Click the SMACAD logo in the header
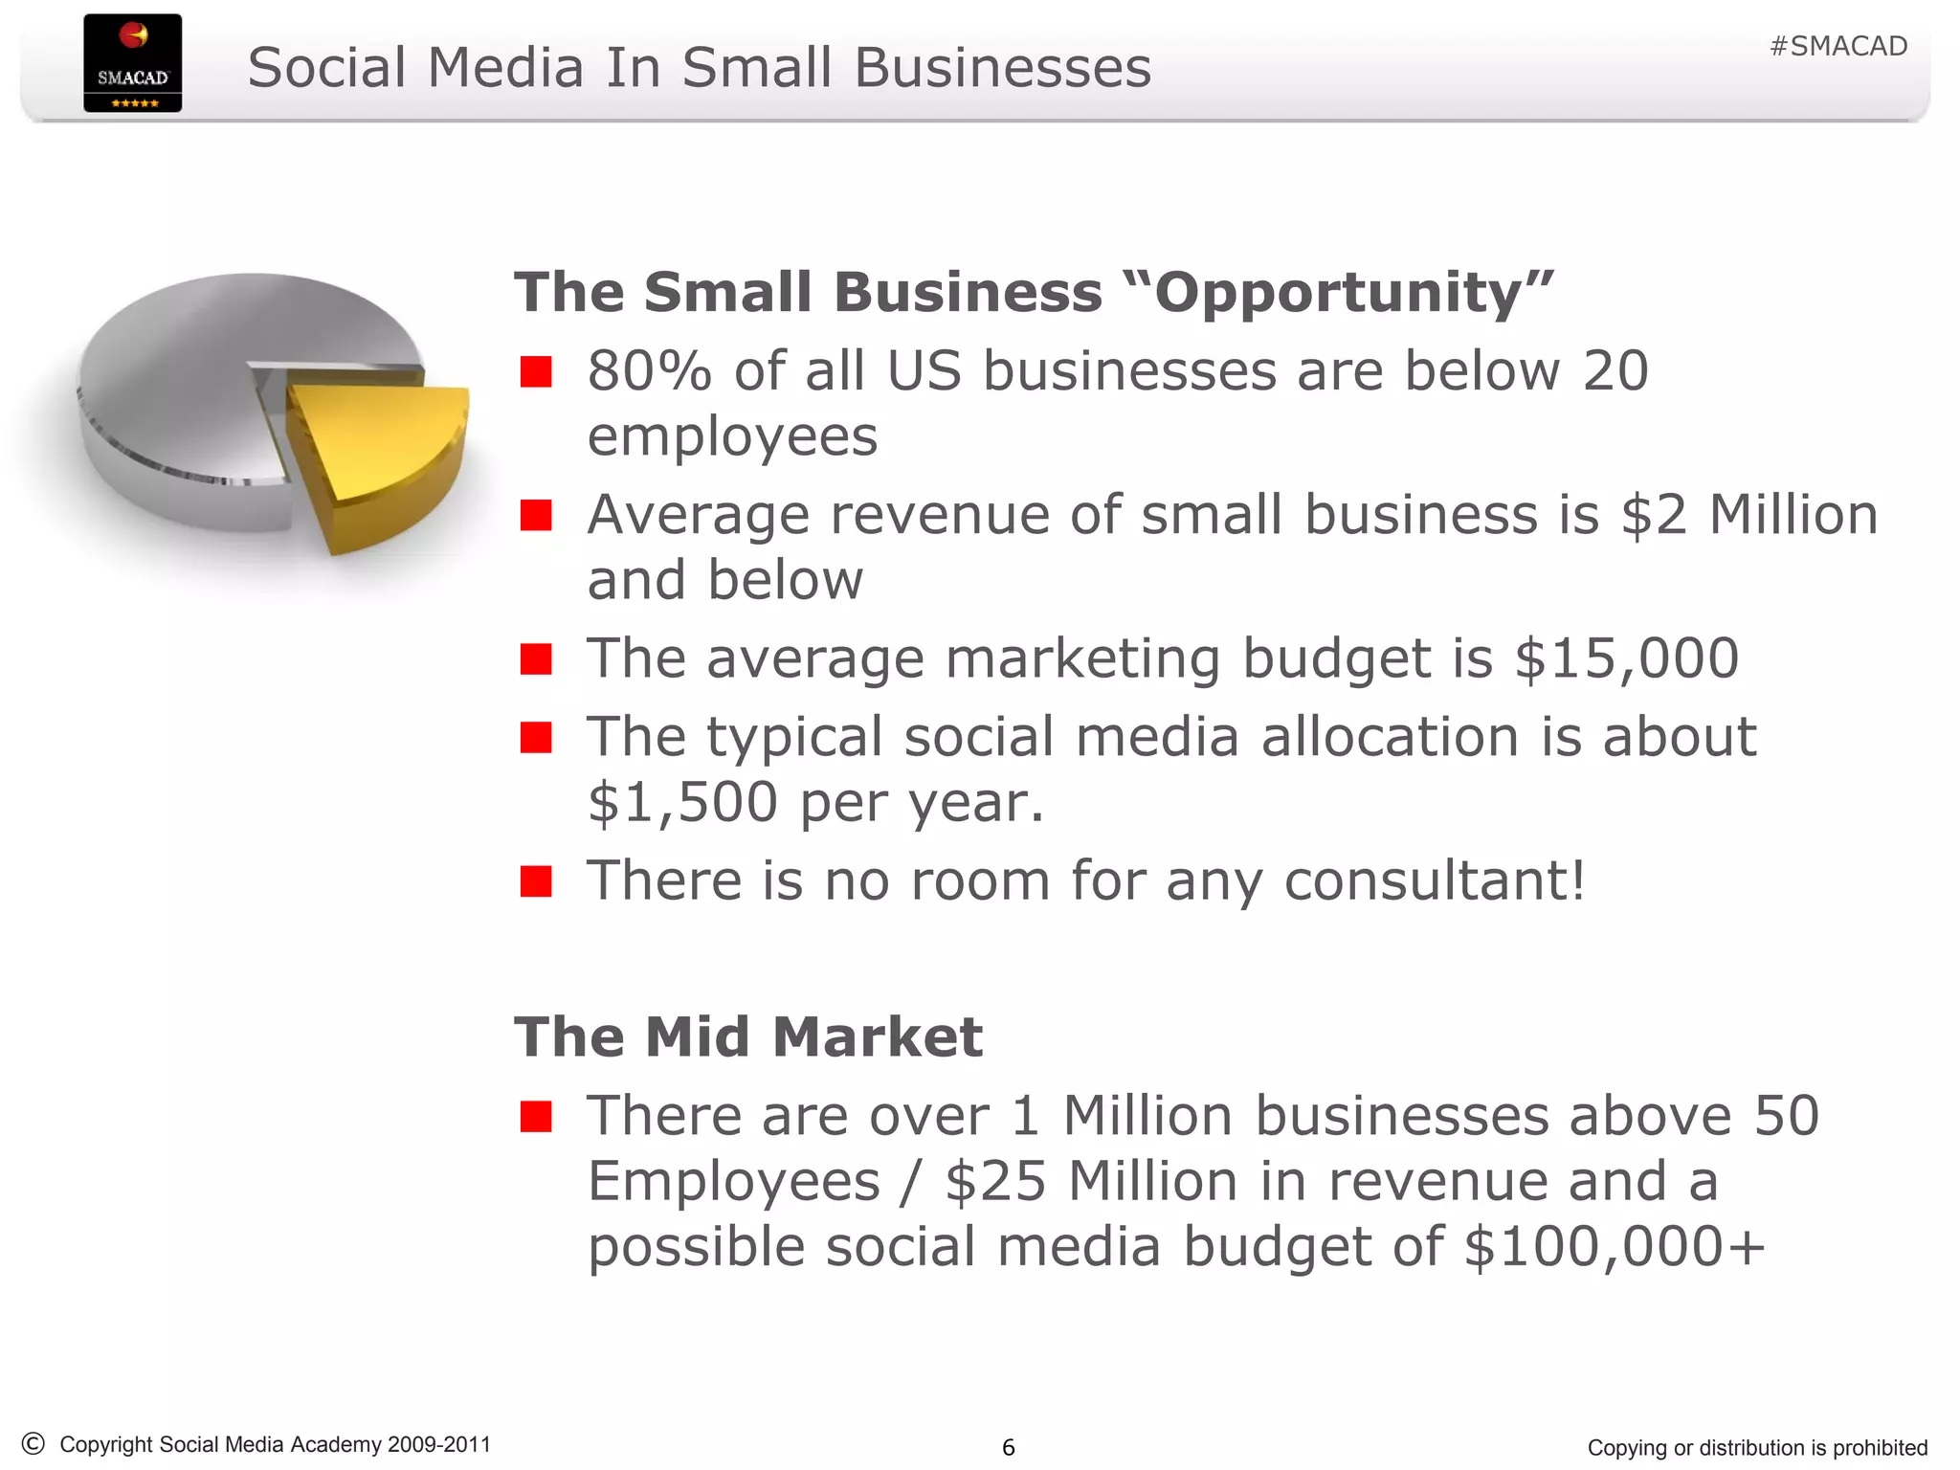132,63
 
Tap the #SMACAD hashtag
1837,46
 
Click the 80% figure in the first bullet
649,371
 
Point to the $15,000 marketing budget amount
1626,658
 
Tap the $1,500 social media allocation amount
681,802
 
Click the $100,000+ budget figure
1615,1246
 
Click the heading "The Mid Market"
748,1036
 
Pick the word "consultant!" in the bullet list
1434,880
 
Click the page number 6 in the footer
1008,1447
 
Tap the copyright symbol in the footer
33,1443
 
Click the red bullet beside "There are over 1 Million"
536,1116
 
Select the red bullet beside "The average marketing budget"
536,658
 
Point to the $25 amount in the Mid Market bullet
995,1181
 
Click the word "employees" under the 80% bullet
732,436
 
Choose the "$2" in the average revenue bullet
1654,515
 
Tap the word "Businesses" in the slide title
1002,69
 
